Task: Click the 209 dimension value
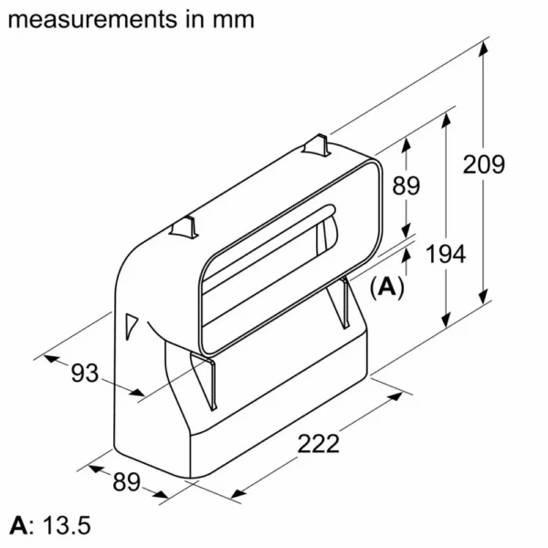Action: tap(484, 164)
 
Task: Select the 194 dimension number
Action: tap(446, 254)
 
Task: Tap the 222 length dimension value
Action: tap(318, 443)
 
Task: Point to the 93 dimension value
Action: tap(85, 373)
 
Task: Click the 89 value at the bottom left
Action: tap(127, 481)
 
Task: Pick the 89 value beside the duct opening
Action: tap(406, 185)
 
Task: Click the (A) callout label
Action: tap(387, 288)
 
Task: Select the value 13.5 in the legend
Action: tap(67, 525)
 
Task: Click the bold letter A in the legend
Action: tap(18, 525)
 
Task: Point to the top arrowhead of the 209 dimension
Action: tap(483, 48)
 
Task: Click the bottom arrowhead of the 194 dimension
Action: tap(446, 321)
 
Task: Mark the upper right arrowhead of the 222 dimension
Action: tap(395, 396)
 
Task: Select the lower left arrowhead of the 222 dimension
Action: tap(238, 493)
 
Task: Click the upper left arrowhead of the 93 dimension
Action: tap(51, 358)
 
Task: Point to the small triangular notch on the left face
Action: tap(131, 326)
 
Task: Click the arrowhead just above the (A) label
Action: tap(406, 256)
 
